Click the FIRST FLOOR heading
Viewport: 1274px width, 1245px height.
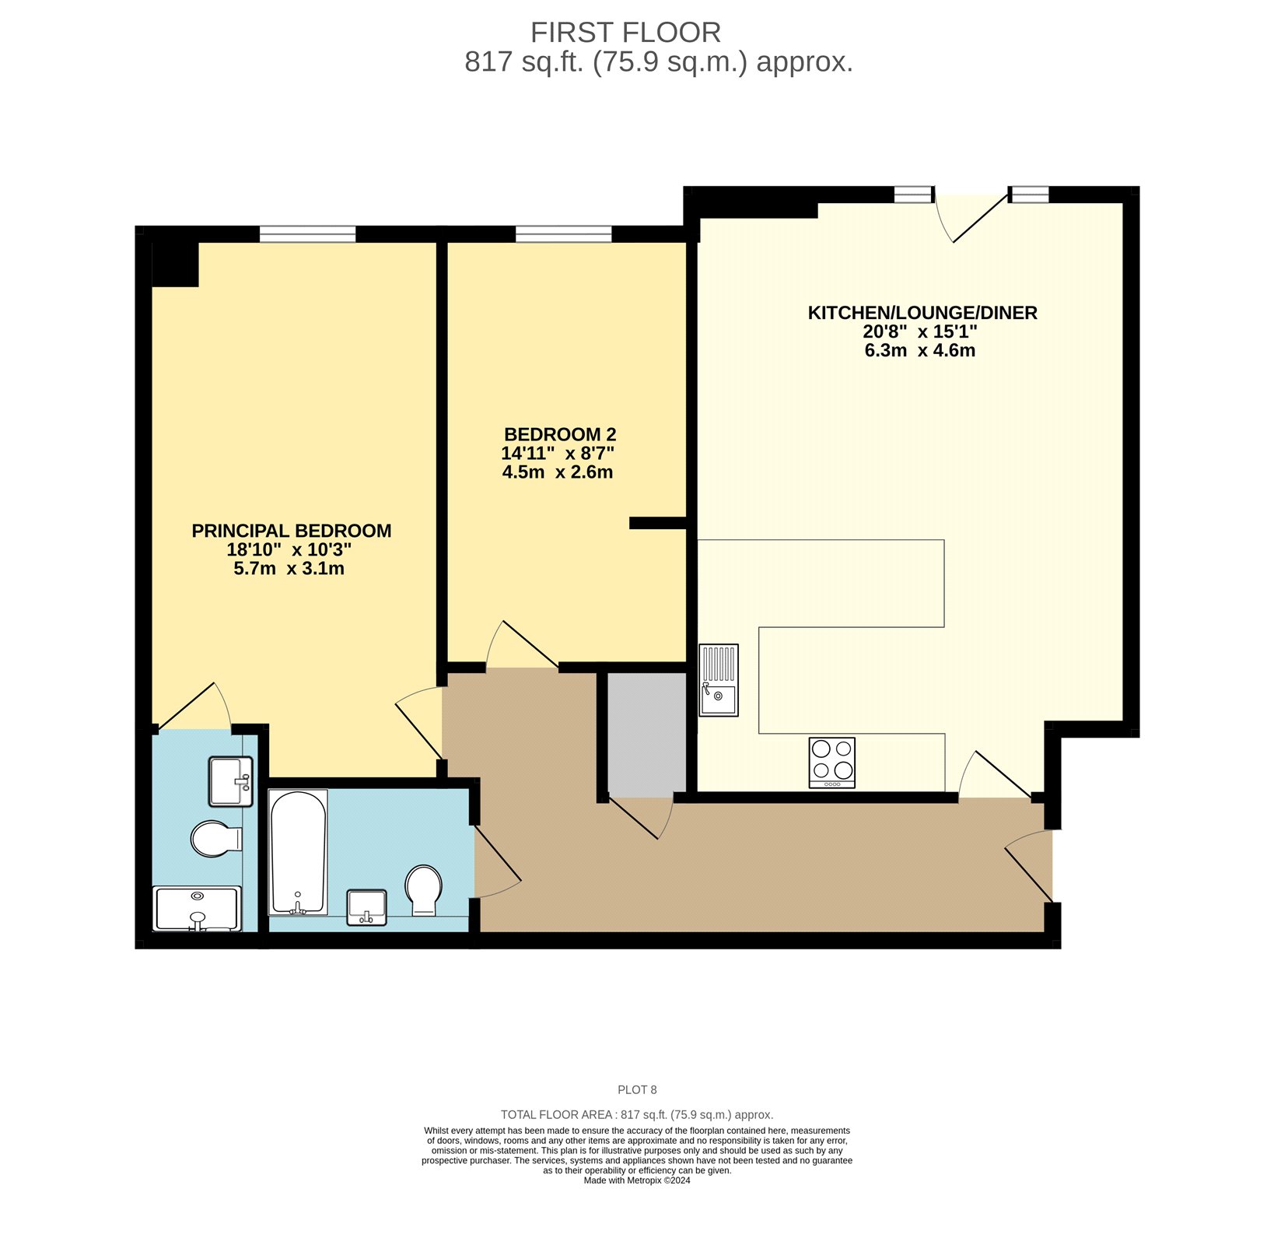(625, 33)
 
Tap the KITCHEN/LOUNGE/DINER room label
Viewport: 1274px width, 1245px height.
(922, 313)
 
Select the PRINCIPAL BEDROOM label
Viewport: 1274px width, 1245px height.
(292, 531)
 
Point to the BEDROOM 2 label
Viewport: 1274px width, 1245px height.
(560, 434)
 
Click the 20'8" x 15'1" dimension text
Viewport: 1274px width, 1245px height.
(920, 331)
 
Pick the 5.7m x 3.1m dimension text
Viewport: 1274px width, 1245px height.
(289, 569)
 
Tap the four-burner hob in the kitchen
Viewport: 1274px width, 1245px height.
(832, 763)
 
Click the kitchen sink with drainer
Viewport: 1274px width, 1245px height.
(719, 680)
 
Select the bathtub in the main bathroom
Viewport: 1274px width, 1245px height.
(298, 853)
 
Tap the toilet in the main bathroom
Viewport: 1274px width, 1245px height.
(424, 890)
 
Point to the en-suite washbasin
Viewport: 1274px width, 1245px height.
(231, 781)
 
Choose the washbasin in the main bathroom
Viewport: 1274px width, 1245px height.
(367, 908)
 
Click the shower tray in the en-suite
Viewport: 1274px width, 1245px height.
(198, 909)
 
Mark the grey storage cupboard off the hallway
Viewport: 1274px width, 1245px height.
(646, 735)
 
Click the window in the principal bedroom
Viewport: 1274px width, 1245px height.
(307, 233)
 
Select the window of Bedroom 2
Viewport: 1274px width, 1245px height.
(563, 233)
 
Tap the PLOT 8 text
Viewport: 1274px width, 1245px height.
(637, 1090)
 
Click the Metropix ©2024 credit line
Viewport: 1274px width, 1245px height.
(637, 1180)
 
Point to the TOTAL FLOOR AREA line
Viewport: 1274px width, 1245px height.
(637, 1115)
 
